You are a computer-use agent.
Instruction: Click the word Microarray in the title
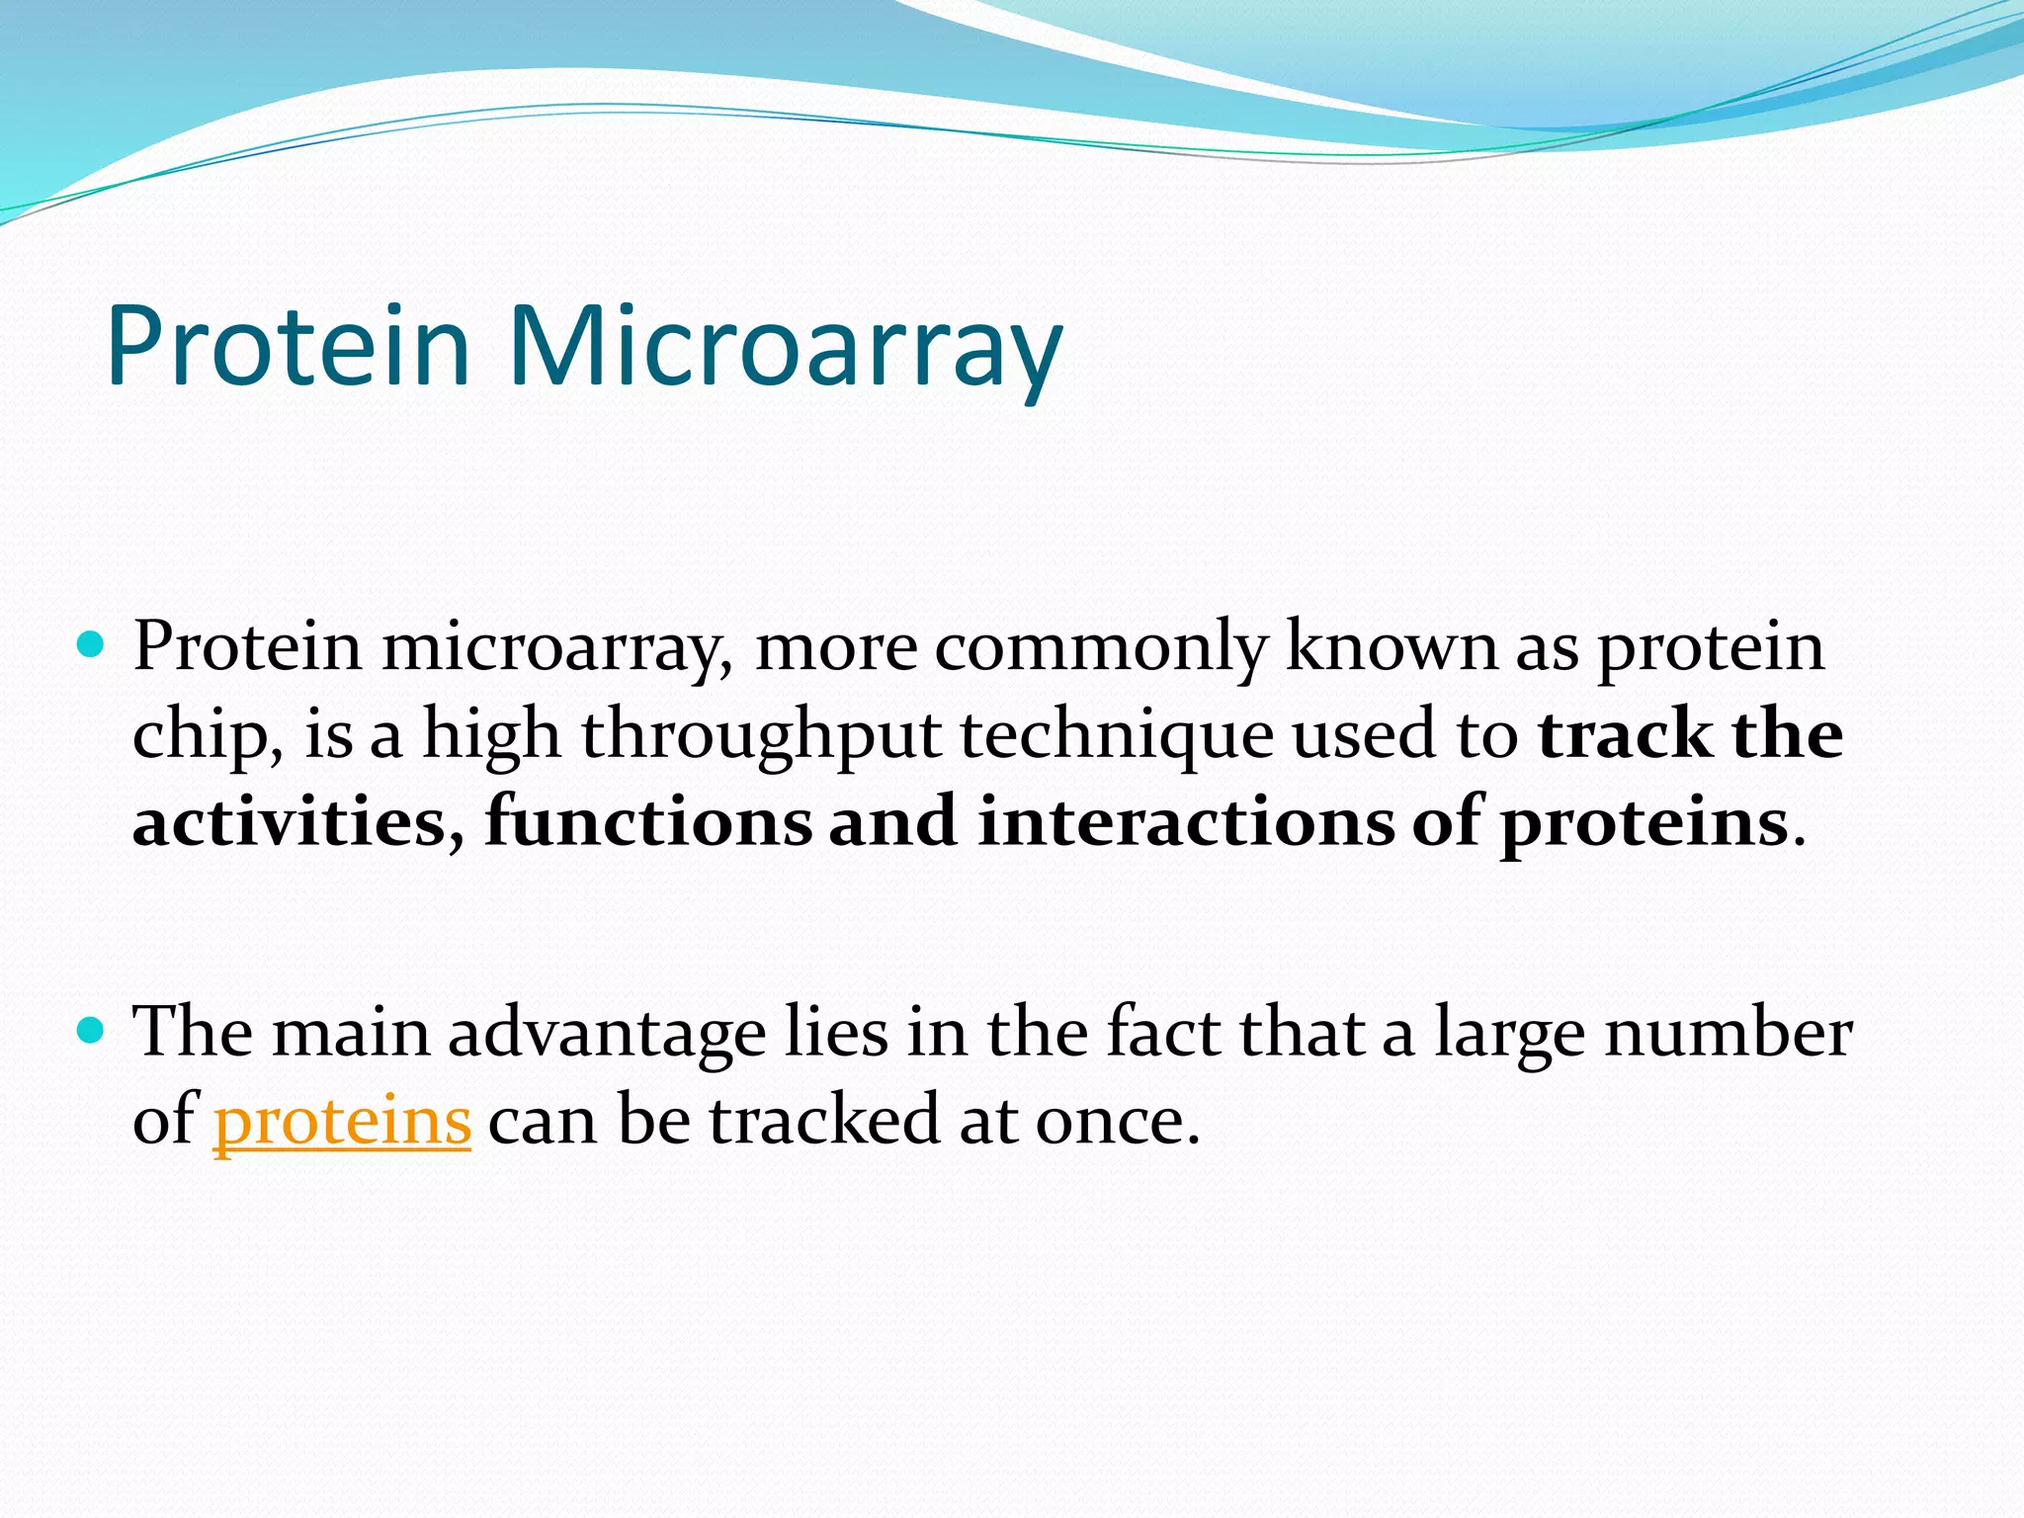pos(785,346)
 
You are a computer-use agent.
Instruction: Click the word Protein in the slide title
pos(288,346)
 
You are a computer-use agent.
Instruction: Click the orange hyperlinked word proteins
pos(342,1123)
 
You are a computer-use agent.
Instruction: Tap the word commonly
pos(1100,650)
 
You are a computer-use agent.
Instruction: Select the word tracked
pos(823,1122)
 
